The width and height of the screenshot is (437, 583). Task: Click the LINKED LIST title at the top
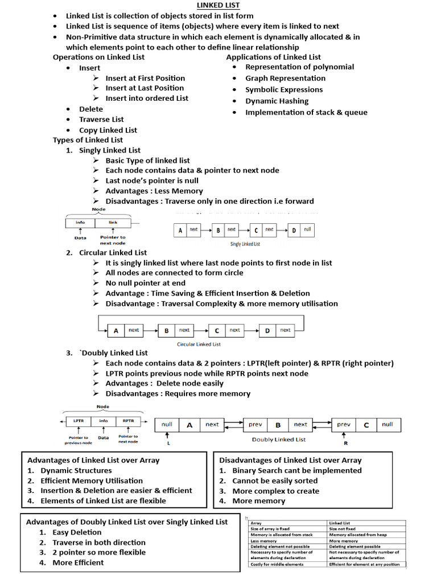pos(218,6)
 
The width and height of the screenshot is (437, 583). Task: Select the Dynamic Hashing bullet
pos(277,101)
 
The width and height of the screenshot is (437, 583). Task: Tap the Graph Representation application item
pos(285,78)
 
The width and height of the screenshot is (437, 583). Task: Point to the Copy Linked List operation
pos(108,130)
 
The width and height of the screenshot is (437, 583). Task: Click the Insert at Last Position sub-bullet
pos(145,88)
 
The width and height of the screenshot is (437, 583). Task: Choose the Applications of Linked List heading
pos(273,57)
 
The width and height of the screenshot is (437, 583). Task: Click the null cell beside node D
pos(307,229)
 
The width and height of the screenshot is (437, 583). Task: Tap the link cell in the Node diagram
pos(113,223)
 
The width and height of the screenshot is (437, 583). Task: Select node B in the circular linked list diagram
pos(166,330)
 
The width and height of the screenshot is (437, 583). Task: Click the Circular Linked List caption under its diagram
pos(199,344)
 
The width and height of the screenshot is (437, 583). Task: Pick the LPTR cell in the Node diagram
pos(78,421)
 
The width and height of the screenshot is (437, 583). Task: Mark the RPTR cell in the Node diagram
pos(127,421)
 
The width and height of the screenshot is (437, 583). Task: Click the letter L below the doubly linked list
pos(168,442)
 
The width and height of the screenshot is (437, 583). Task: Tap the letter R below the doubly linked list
pos(345,442)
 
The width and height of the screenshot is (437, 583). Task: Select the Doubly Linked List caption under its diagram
pos(278,440)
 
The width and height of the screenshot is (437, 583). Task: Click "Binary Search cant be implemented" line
pos(296,470)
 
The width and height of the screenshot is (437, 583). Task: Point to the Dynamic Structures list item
pos(76,470)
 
